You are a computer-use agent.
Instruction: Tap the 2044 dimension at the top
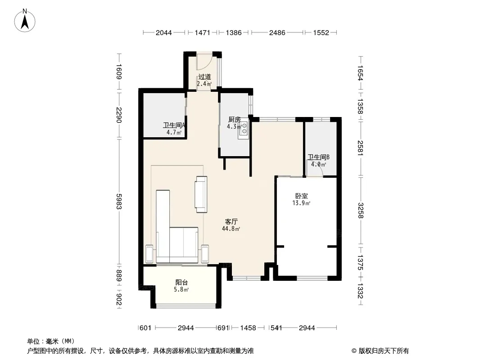164,32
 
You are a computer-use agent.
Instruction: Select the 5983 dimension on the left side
119,202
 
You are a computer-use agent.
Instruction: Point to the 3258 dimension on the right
360,211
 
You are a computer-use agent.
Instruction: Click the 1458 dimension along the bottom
248,328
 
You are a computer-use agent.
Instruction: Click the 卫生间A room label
174,125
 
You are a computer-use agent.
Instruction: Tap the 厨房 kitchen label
234,119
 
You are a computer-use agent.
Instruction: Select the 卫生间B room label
319,157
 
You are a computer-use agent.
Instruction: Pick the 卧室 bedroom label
302,196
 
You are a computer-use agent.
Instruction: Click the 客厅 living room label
231,221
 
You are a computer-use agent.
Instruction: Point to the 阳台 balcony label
181,282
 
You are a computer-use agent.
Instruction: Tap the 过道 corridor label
204,77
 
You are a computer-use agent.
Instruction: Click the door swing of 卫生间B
317,171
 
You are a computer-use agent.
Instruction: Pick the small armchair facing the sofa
201,194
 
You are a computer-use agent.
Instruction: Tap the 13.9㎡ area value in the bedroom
302,203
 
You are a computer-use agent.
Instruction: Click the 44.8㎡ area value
231,229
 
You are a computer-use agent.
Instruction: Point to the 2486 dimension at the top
277,32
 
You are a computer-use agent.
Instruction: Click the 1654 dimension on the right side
360,73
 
